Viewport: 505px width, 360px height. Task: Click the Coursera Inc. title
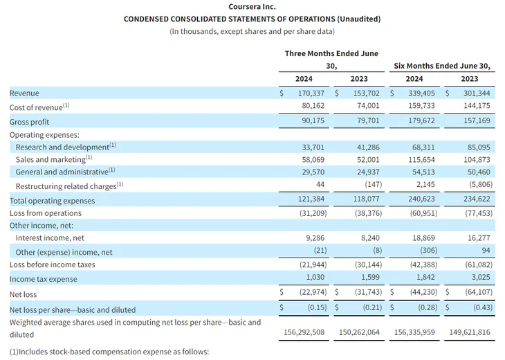(x=252, y=6)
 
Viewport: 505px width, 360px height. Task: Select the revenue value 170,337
(x=311, y=93)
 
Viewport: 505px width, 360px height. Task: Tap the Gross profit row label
(x=29, y=122)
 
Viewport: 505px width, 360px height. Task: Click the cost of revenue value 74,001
(x=368, y=106)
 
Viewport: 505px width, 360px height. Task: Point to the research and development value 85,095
(x=479, y=147)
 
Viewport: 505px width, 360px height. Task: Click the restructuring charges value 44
(x=320, y=184)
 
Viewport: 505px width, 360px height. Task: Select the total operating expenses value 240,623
(x=421, y=199)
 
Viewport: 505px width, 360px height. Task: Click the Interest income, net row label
(x=50, y=238)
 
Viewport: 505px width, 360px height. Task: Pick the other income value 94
(x=486, y=251)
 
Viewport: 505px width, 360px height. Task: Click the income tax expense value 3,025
(x=481, y=277)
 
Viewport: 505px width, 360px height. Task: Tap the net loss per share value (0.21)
(x=372, y=307)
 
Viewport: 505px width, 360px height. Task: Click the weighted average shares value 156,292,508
(x=304, y=332)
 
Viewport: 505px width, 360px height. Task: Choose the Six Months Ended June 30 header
(x=442, y=66)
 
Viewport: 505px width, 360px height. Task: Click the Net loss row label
(x=24, y=294)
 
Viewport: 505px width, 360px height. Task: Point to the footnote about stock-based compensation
(x=109, y=352)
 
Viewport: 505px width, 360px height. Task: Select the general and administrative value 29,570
(x=313, y=172)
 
